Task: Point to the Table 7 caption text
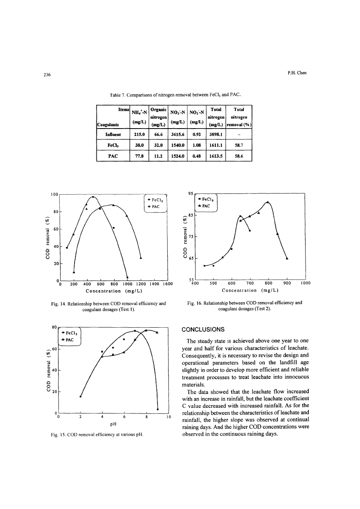pos(175,95)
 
